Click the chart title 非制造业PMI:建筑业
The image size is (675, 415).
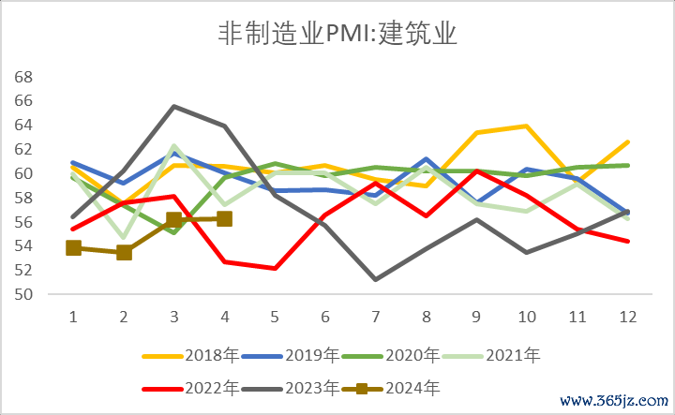click(337, 35)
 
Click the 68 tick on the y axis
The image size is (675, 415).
click(24, 76)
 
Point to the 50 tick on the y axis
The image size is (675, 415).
click(24, 294)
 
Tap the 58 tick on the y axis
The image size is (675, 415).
click(24, 198)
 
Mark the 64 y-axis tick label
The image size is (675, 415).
click(24, 125)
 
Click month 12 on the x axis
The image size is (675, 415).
click(628, 317)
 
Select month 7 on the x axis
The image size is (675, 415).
click(376, 317)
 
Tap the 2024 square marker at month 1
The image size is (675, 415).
click(73, 248)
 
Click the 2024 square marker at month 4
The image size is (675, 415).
click(224, 218)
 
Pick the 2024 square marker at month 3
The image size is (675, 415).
click(173, 220)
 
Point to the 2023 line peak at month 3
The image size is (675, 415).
click(173, 106)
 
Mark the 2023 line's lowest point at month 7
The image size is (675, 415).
click(376, 279)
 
